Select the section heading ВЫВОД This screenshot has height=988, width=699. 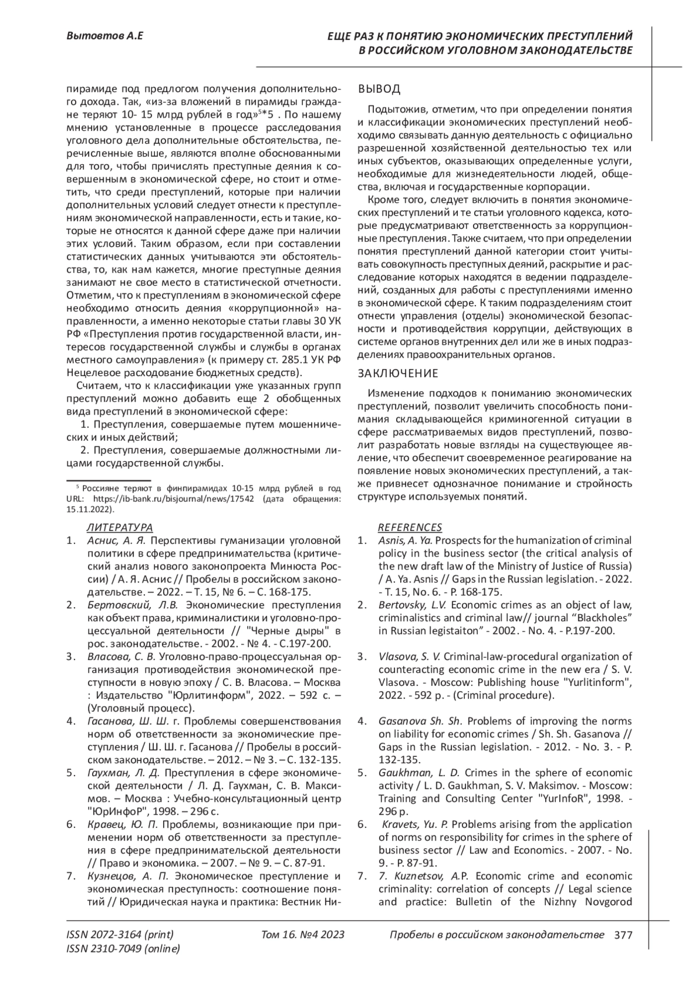coord(379,89)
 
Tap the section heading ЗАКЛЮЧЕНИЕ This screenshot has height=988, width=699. coord(397,373)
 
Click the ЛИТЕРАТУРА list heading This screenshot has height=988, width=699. coord(119,527)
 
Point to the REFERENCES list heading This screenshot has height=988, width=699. coord(410,527)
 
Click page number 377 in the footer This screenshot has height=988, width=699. coord(623,935)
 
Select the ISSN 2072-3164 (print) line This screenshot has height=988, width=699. coord(120,935)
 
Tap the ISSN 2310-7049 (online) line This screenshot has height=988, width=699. coord(123,949)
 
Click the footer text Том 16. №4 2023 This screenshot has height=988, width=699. coord(303,935)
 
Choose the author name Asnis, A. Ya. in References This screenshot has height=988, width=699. coord(405,541)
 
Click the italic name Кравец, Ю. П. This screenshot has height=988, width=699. coord(122,824)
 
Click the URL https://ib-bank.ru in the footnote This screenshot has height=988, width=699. coord(154,499)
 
